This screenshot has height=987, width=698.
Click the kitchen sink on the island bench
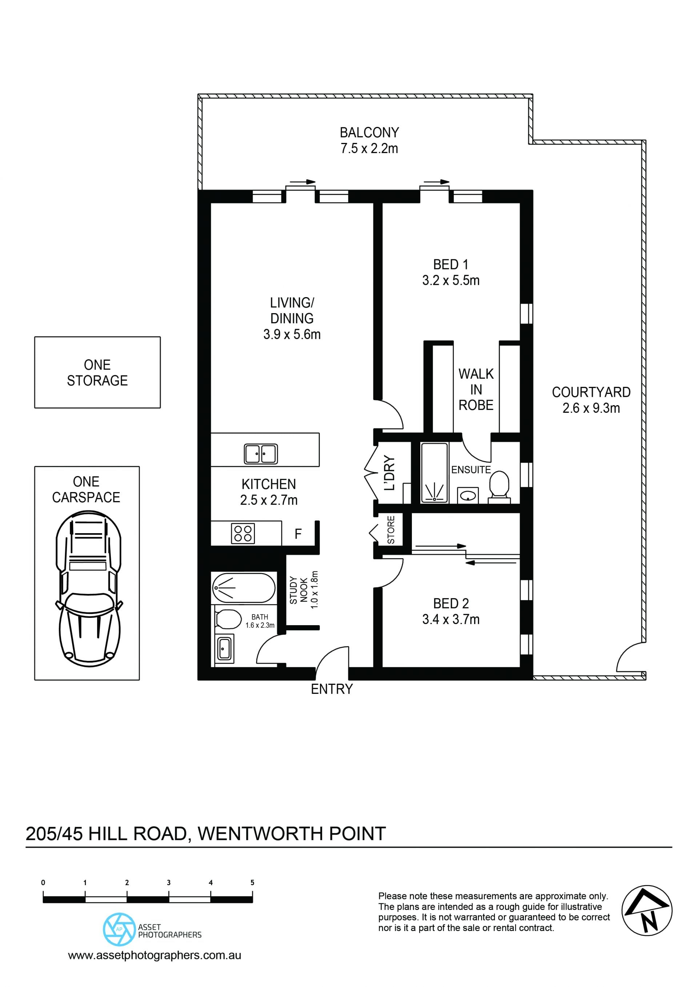tap(261, 454)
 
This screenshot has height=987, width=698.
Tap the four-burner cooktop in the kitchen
tap(243, 534)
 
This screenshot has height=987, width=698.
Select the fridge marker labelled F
tap(298, 534)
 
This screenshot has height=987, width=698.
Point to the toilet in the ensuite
tap(500, 487)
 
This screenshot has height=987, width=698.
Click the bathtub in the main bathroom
tap(243, 588)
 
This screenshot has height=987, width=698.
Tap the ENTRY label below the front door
tap(332, 689)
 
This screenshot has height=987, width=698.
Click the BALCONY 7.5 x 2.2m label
tap(369, 140)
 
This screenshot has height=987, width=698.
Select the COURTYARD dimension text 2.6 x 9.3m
tap(591, 408)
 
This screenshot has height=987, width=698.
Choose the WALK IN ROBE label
tap(476, 389)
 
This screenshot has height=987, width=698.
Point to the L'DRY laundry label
tap(389, 473)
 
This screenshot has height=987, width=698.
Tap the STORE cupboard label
tap(391, 530)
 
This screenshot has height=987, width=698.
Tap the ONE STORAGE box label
tap(97, 373)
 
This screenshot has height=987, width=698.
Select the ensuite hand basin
tap(468, 495)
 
